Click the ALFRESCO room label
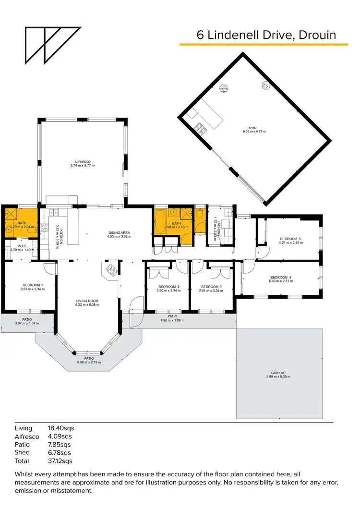(x=83, y=162)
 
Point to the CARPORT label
(x=278, y=373)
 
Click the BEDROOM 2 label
(x=168, y=287)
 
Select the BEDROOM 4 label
(x=281, y=277)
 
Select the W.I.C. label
(x=21, y=246)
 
